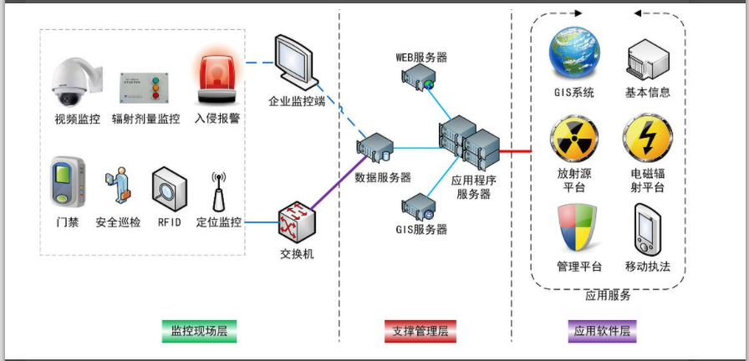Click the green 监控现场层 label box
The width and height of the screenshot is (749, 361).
tap(198, 331)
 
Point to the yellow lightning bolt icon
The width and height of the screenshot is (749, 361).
tap(647, 138)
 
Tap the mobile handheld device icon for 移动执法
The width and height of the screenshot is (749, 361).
tap(647, 229)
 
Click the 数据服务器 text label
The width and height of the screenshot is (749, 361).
tap(383, 177)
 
